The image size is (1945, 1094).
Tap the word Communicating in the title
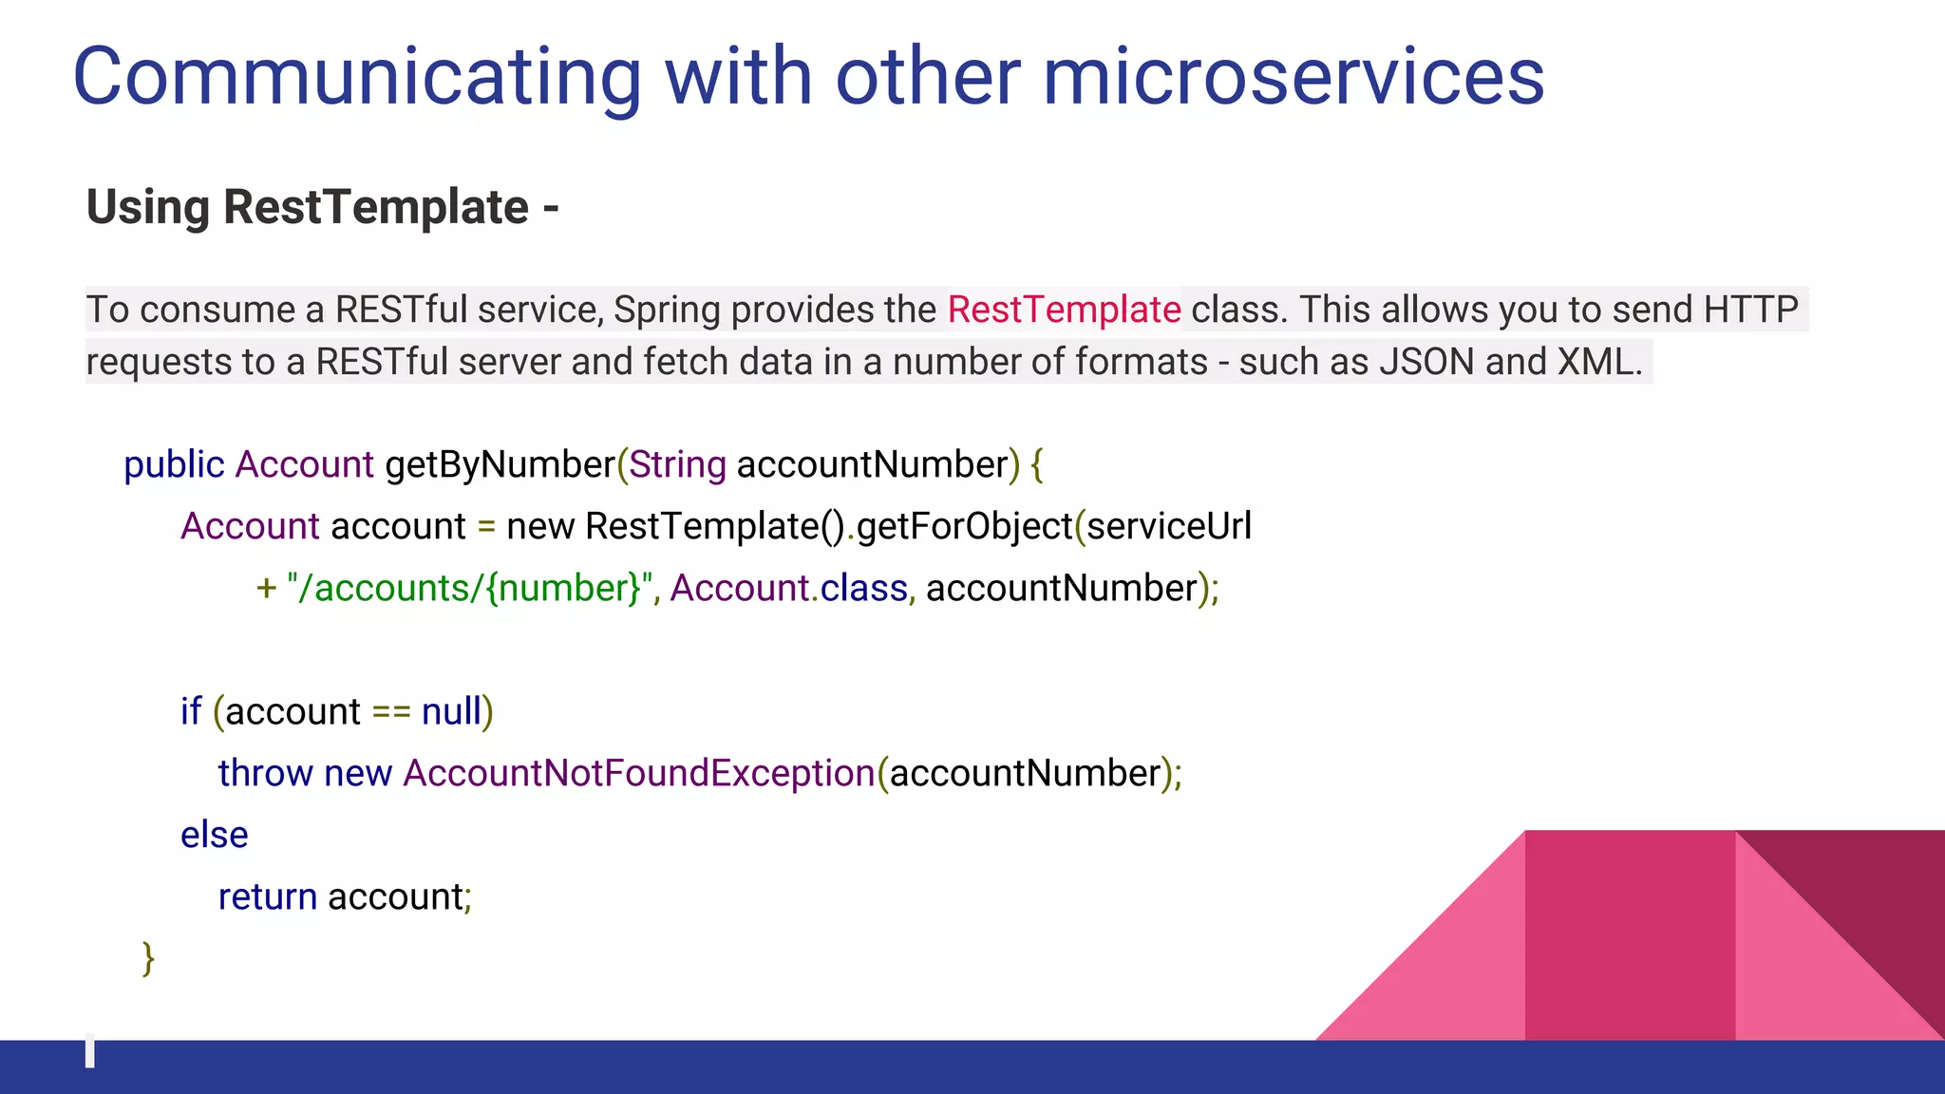click(x=357, y=78)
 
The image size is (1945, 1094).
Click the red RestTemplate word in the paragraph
click(x=1064, y=310)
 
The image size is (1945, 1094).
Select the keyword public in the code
click(x=174, y=465)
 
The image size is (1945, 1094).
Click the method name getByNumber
click(x=500, y=465)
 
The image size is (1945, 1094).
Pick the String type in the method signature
click(x=677, y=465)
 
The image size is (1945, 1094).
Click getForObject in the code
click(x=964, y=527)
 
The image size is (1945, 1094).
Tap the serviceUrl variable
click(x=1169, y=526)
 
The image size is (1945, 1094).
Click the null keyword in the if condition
click(x=451, y=711)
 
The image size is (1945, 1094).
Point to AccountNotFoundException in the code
click(x=638, y=773)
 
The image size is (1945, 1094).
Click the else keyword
click(x=214, y=835)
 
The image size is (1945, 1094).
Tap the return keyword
click(x=267, y=896)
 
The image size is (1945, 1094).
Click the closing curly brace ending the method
click(x=148, y=958)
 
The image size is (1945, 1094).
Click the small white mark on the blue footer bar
click(x=90, y=1052)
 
